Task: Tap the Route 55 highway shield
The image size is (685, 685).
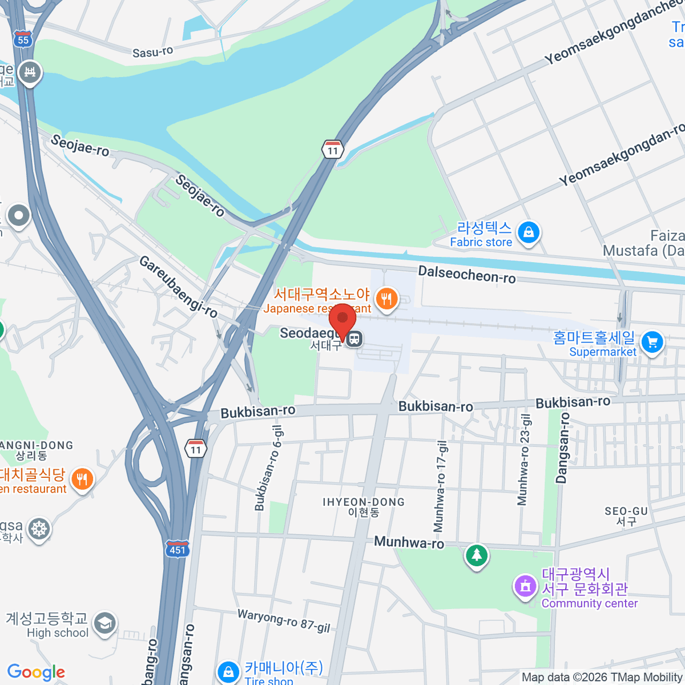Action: pos(23,38)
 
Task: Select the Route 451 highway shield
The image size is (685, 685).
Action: pos(177,549)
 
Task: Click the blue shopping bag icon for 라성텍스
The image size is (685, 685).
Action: pos(529,232)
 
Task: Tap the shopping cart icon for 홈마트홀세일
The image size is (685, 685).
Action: pos(652,342)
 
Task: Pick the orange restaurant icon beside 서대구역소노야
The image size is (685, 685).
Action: pos(386,298)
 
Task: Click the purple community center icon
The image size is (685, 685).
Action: pos(525,586)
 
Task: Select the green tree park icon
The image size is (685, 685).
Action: pos(476,554)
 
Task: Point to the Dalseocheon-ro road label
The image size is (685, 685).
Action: pos(467,275)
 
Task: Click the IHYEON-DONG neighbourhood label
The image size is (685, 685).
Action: pos(364,502)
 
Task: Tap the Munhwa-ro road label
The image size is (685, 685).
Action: pos(409,542)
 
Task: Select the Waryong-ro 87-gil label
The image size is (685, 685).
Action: pos(284,620)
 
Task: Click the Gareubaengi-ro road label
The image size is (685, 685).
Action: pos(179,287)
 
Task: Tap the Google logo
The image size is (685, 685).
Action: pos(36,672)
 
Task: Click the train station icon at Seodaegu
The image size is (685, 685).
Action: pos(354,339)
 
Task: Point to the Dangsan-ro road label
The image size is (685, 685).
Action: pos(563,448)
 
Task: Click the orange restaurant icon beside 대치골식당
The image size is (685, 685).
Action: pos(82,479)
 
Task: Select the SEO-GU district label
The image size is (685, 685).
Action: pos(626,511)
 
